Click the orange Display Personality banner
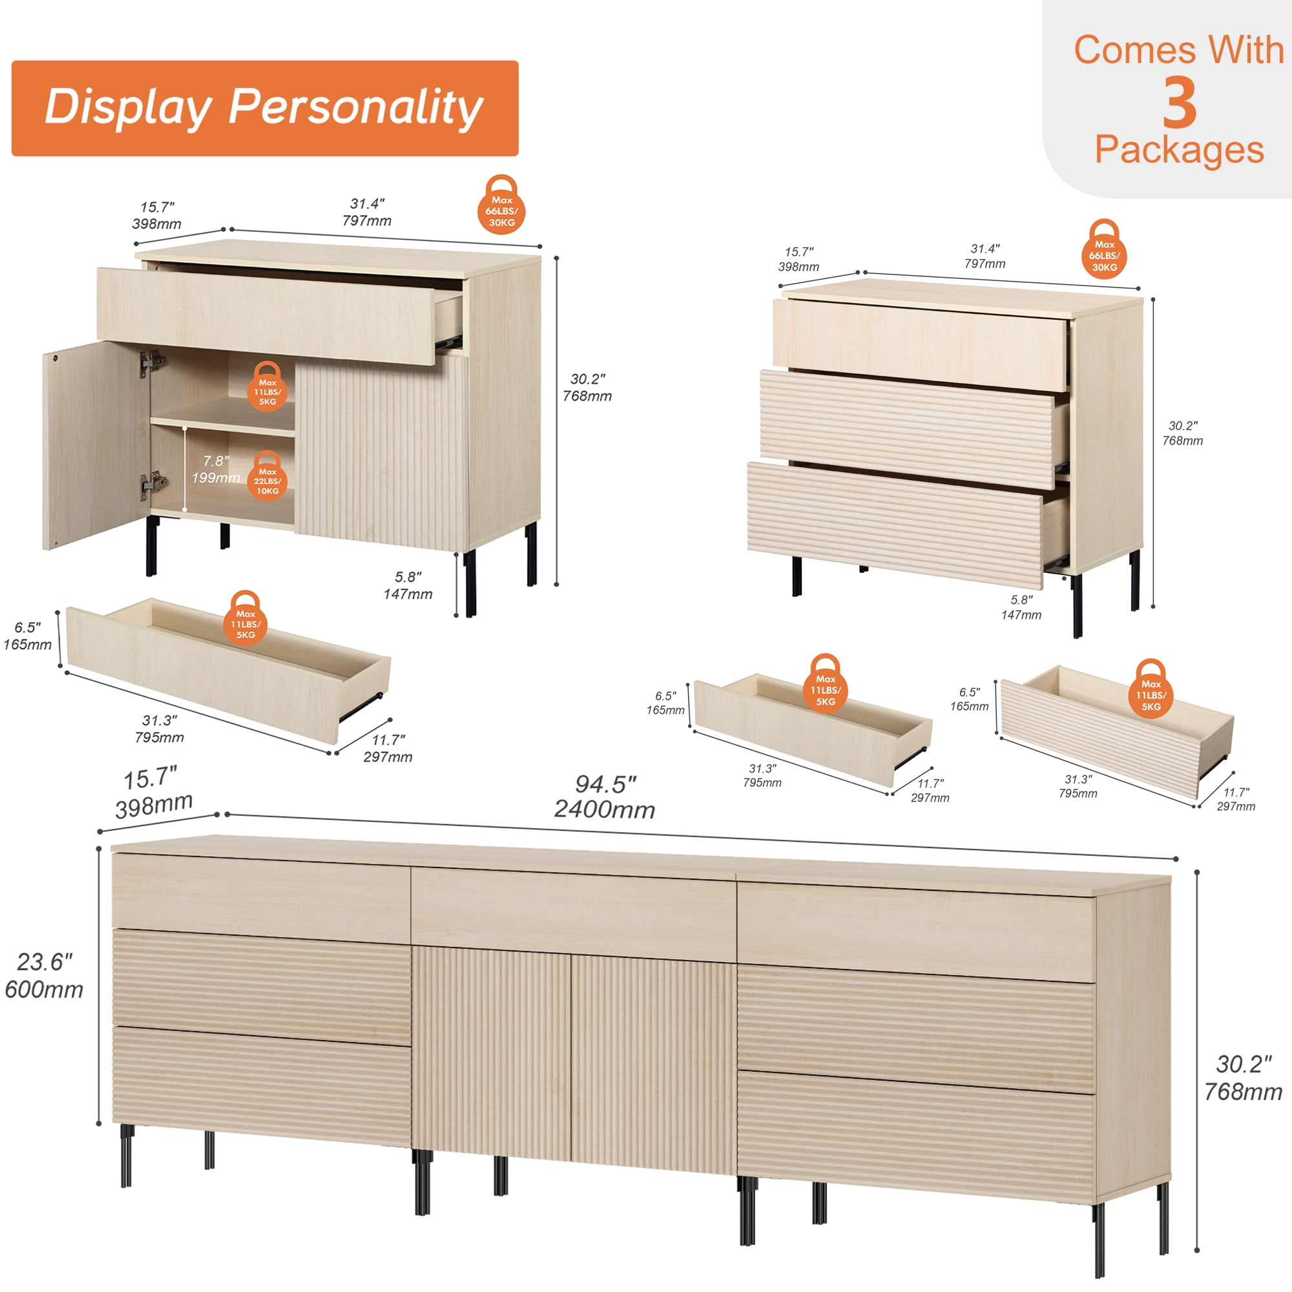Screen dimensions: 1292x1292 pyautogui.click(x=265, y=109)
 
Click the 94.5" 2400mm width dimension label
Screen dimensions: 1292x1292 pyautogui.click(x=605, y=797)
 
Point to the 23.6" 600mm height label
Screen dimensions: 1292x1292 pyautogui.click(x=44, y=975)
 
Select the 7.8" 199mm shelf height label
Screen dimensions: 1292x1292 pyautogui.click(x=216, y=469)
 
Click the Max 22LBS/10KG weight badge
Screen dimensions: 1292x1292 pyautogui.click(x=267, y=476)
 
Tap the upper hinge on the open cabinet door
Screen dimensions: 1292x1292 pyautogui.click(x=152, y=363)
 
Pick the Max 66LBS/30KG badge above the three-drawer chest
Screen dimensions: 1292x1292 pyautogui.click(x=1104, y=250)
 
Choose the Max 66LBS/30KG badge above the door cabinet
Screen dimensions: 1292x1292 pyautogui.click(x=501, y=205)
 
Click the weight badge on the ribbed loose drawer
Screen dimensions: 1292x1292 pyautogui.click(x=1151, y=690)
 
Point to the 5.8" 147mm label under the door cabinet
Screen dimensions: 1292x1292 pyautogui.click(x=408, y=585)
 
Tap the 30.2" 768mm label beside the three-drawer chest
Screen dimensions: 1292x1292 pyautogui.click(x=1183, y=433)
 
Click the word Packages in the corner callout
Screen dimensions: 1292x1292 pyautogui.click(x=1179, y=149)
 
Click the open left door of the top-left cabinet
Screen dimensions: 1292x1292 pyautogui.click(x=97, y=444)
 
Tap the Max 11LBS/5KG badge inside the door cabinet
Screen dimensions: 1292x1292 pyautogui.click(x=267, y=386)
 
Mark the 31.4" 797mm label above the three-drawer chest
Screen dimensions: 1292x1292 pyautogui.click(x=985, y=256)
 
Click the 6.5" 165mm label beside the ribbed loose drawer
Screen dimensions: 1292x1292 pyautogui.click(x=969, y=700)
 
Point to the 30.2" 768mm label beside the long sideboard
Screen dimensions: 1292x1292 pyautogui.click(x=1243, y=1078)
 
